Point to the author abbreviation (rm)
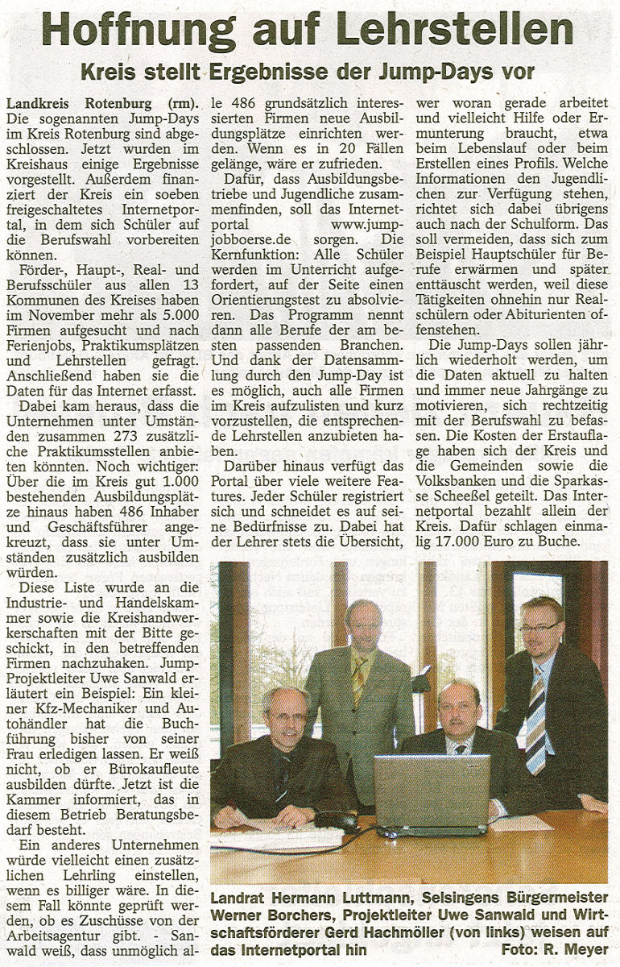click(x=183, y=103)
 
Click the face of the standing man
click(x=362, y=624)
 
